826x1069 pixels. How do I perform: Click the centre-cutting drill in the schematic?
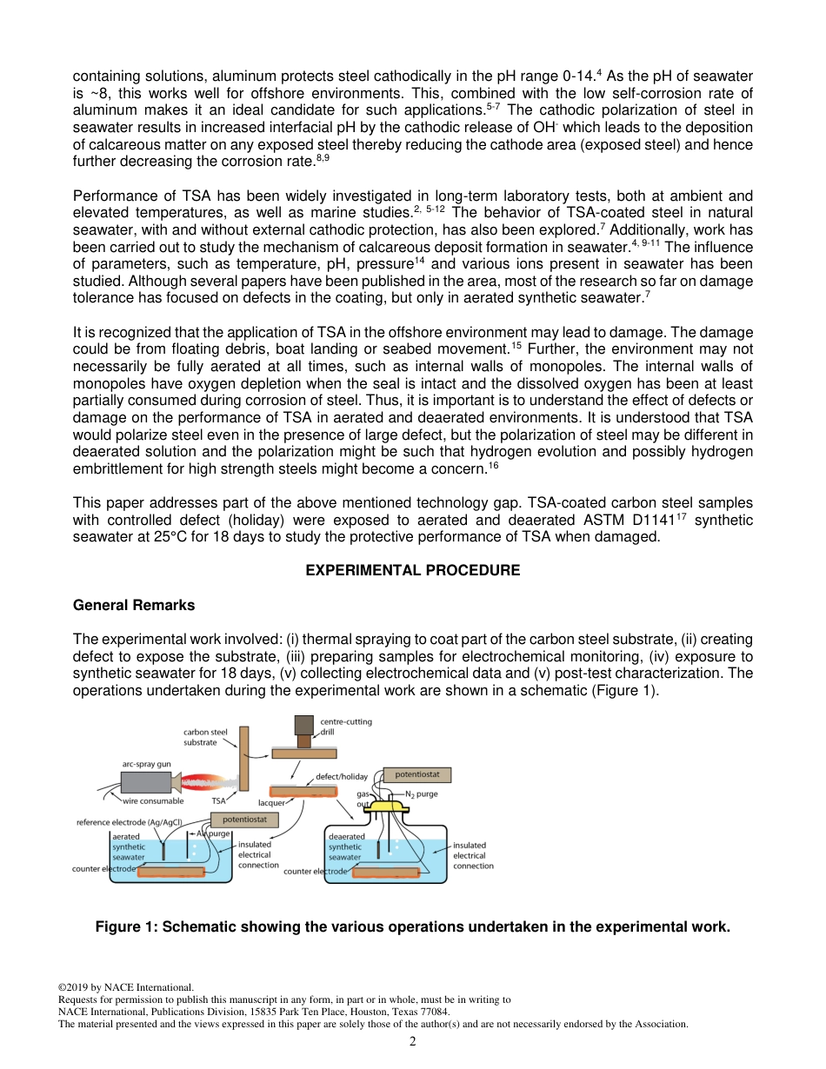tap(303, 731)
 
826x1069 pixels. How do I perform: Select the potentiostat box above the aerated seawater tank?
tap(244, 820)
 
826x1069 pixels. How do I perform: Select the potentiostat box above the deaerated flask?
tap(416, 774)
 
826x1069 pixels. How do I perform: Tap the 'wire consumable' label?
tap(153, 801)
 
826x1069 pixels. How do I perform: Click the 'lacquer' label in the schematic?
tap(271, 803)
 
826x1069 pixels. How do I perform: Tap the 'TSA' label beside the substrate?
tap(219, 801)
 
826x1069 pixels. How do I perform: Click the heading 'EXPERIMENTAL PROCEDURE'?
tap(412, 570)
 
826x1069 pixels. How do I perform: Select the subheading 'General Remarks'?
tap(134, 605)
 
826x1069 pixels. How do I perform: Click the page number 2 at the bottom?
tap(413, 1041)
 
